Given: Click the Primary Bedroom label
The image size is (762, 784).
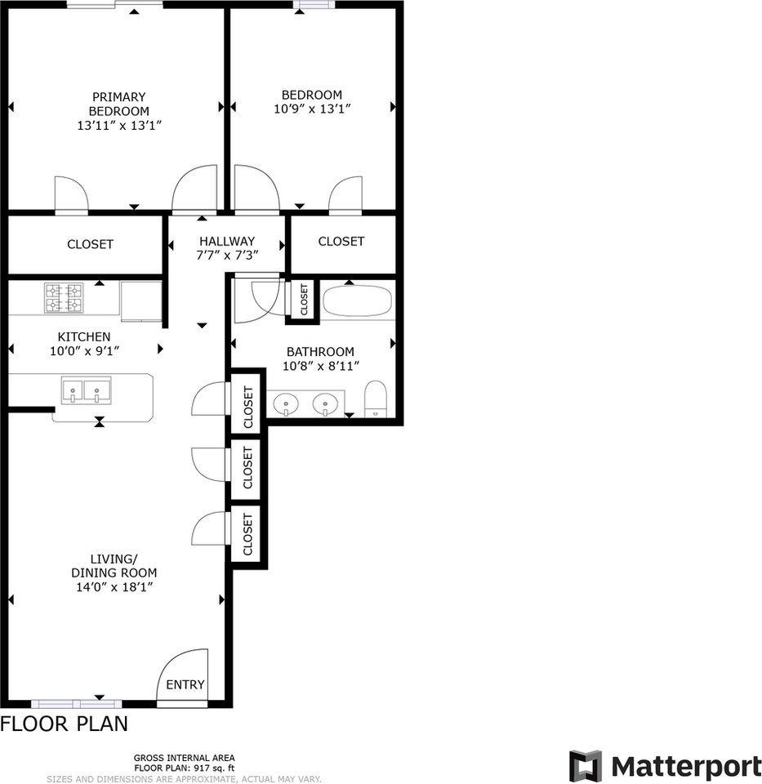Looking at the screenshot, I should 119,104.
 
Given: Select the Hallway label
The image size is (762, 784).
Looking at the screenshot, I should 227,241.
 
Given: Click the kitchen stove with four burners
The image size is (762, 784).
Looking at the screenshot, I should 64,297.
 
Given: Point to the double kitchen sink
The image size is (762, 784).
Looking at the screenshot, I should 85,391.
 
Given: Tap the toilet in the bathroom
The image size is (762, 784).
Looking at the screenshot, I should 376,399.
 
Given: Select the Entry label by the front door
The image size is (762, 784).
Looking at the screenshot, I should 185,684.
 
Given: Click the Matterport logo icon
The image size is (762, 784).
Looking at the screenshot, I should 585,766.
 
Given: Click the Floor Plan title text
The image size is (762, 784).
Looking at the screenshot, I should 64,724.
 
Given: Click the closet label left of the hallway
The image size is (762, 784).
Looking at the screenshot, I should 90,244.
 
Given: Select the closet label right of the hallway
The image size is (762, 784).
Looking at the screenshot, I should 341,241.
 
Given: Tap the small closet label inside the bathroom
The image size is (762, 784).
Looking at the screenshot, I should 304,300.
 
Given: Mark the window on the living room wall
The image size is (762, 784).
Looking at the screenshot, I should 76,703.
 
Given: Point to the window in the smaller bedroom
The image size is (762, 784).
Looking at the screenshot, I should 314,5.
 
